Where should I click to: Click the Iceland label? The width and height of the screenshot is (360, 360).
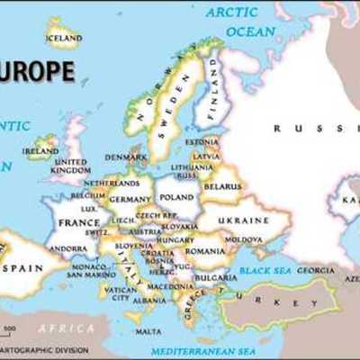63,39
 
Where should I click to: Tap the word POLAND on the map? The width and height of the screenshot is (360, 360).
175,195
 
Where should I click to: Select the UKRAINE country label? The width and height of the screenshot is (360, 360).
244,220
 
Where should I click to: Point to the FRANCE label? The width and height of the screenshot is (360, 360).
79,222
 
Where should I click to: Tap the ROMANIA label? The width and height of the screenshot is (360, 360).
206,251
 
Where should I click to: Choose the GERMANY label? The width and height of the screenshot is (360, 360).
130,199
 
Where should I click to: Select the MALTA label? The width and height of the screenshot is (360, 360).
148,331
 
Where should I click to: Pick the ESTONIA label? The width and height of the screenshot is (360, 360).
202,141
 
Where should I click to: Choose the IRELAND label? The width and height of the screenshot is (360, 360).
41,151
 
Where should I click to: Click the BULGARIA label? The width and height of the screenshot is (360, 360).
215,277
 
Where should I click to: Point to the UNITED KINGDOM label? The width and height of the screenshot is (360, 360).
69,166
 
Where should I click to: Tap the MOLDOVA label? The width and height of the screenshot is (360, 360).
244,239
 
